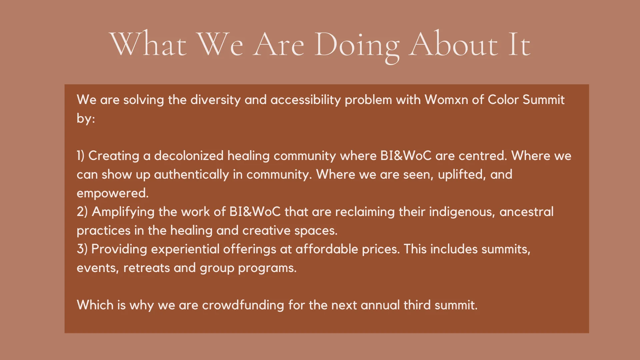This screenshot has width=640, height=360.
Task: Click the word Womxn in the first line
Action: pyautogui.click(x=446, y=100)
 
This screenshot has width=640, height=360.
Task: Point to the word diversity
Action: pyautogui.click(x=216, y=100)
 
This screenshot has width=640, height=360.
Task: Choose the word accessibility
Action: pyautogui.click(x=306, y=100)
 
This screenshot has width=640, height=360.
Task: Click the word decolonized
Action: pyautogui.click(x=189, y=156)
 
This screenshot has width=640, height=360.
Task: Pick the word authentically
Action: pyautogui.click(x=191, y=175)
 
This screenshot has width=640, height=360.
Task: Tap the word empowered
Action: pyautogui.click(x=113, y=193)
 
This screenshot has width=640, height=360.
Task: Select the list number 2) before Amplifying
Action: pyautogui.click(x=82, y=212)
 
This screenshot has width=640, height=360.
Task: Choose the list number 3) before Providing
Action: pyautogui.click(x=82, y=249)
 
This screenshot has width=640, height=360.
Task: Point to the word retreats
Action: pyautogui.click(x=147, y=268)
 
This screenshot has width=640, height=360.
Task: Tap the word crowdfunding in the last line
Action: pyautogui.click(x=243, y=305)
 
